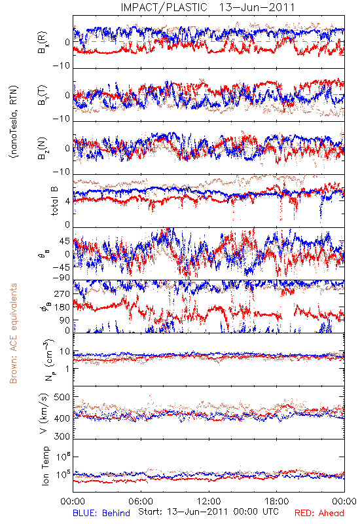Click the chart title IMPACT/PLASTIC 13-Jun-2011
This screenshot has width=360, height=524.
207,7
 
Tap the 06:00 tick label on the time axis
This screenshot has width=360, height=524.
141,501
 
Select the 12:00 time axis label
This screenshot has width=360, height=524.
209,501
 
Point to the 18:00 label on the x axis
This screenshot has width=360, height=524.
277,501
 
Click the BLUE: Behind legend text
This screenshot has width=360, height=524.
101,513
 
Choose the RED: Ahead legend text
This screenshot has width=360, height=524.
319,513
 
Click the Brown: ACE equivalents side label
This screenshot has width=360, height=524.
13,333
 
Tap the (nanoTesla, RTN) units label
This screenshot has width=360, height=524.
14,122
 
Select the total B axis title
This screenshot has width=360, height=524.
54,201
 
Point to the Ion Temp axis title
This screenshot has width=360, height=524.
45,466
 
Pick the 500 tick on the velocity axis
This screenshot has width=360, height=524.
62,397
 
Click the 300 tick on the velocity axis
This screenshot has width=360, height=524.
62,436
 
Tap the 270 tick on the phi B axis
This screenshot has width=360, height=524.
62,293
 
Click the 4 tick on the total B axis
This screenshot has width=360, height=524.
67,202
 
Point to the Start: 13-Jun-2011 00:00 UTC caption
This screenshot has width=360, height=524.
208,512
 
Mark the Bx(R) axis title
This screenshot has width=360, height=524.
43,42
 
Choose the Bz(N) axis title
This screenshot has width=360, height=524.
43,148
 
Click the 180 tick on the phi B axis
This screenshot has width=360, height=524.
62,307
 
